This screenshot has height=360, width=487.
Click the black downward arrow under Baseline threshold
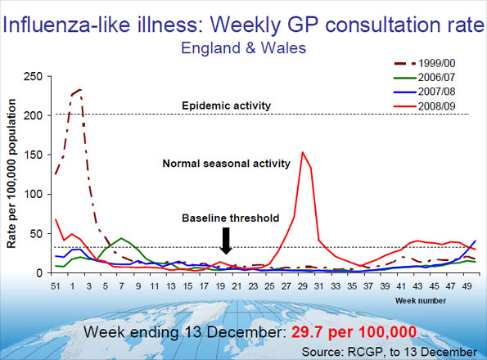pos(228,241)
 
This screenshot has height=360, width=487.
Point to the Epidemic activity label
pos(226,105)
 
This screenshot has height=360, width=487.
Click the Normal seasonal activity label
pos(226,164)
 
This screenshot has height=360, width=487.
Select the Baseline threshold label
pos(227,218)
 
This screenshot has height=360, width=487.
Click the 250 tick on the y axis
pos(33,76)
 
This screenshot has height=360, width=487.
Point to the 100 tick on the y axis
pos(33,194)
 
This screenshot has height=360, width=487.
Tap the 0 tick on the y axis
pos(38,272)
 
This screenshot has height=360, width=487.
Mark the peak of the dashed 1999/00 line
pos(79,89)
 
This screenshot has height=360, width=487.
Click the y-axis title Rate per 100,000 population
pos(13,175)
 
